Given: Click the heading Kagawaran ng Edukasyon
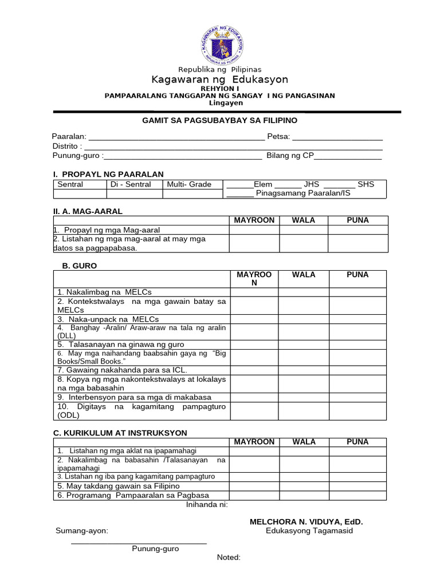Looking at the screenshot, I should pos(219,80).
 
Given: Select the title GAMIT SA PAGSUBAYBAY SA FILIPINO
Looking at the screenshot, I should pos(219,121).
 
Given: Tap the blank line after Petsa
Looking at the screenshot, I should pos(337,137).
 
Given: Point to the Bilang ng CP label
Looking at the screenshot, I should pos(290,156).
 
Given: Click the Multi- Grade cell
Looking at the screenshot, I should pos(190,184).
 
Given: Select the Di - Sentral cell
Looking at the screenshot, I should pos(130,184).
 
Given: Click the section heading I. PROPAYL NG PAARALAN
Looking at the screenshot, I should pos(108,174).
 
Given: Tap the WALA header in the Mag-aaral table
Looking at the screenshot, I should pos(304,220).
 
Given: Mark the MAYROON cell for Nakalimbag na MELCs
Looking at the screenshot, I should pos(254,292).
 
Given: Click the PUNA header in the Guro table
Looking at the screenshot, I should pos(357,275).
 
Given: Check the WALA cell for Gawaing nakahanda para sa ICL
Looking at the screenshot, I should pos(304,370).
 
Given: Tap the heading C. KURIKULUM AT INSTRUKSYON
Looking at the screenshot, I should pos(120,433).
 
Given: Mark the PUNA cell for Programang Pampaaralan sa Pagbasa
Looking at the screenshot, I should pos(357,495).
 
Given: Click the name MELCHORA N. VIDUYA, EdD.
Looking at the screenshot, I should pos(307,522).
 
